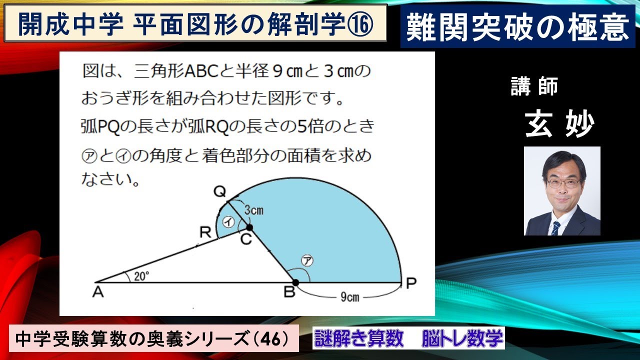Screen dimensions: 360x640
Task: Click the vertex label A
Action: coord(98,292)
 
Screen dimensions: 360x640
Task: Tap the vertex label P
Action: coord(411,284)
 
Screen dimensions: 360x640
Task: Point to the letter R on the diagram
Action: coord(205,232)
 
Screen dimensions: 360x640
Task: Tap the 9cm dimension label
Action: coord(349,297)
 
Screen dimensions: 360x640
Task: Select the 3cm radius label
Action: coord(253,210)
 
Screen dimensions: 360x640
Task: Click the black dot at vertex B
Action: coord(295,282)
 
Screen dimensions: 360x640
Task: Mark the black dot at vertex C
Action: coord(249,227)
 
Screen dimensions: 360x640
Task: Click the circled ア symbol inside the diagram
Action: coord(305,261)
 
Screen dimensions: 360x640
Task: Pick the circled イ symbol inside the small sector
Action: coord(228,223)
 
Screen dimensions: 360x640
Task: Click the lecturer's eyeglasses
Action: coord(562,183)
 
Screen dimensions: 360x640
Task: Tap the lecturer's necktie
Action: coord(555,227)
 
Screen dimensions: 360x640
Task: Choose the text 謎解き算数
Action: coord(358,338)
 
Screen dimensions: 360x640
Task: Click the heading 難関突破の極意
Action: coord(517,27)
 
